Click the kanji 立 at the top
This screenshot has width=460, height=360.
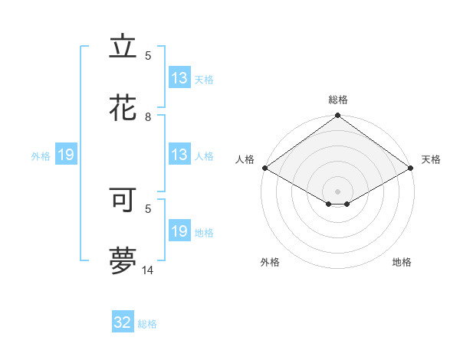pyautogui.click(x=123, y=47)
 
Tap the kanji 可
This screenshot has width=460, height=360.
pyautogui.click(x=123, y=198)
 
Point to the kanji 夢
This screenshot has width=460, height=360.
pyautogui.click(x=123, y=261)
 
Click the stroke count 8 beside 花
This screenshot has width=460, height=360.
pyautogui.click(x=148, y=117)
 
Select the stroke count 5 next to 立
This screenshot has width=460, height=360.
pyautogui.click(x=148, y=56)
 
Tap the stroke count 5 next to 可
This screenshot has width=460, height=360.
pyautogui.click(x=148, y=208)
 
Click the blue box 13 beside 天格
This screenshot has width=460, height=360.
pyautogui.click(x=179, y=78)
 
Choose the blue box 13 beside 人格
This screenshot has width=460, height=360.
pyautogui.click(x=179, y=155)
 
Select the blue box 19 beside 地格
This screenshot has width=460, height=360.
pyautogui.click(x=179, y=231)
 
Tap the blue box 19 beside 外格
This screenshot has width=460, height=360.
pyautogui.click(x=66, y=155)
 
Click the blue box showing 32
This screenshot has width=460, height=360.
pyautogui.click(x=123, y=322)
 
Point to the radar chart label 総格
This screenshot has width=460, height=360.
pyautogui.click(x=338, y=100)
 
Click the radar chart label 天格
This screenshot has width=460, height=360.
pyautogui.click(x=431, y=159)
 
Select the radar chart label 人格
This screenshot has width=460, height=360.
pyautogui.click(x=245, y=159)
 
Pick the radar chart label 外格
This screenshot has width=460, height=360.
pyautogui.click(x=270, y=262)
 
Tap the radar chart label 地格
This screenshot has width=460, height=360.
pyautogui.click(x=402, y=262)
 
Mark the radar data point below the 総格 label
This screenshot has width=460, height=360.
pyautogui.click(x=338, y=116)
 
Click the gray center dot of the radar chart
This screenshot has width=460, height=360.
pyautogui.click(x=338, y=191)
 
